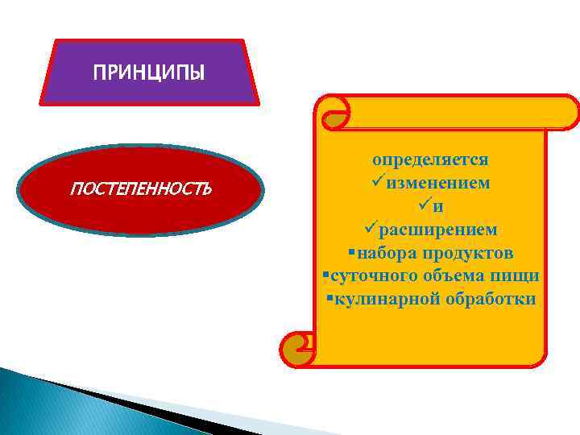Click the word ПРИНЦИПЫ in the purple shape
pos(149,73)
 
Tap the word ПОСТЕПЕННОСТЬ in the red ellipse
pos(141,190)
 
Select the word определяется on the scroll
pos(430,159)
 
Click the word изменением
pos(437,183)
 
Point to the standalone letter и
pos(437,206)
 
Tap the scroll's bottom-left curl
pos(296,348)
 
